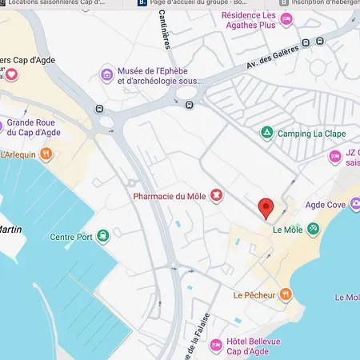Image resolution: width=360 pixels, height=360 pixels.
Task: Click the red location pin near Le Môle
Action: (x=267, y=208)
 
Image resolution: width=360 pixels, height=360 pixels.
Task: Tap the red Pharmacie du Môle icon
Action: (x=215, y=195)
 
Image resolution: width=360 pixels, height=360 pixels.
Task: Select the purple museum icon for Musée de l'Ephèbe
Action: (x=106, y=75)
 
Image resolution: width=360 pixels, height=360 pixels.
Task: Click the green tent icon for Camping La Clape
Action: (x=266, y=133)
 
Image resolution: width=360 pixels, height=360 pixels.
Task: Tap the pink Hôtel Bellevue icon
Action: (x=215, y=346)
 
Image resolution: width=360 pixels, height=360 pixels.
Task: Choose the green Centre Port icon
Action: (x=102, y=236)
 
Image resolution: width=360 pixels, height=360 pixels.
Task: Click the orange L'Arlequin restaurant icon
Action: (x=47, y=154)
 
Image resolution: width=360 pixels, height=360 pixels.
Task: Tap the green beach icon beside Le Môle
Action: (x=314, y=229)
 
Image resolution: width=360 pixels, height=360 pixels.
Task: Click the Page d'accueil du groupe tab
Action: (x=200, y=4)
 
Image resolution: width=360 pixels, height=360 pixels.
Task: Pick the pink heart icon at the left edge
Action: (x=13, y=74)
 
